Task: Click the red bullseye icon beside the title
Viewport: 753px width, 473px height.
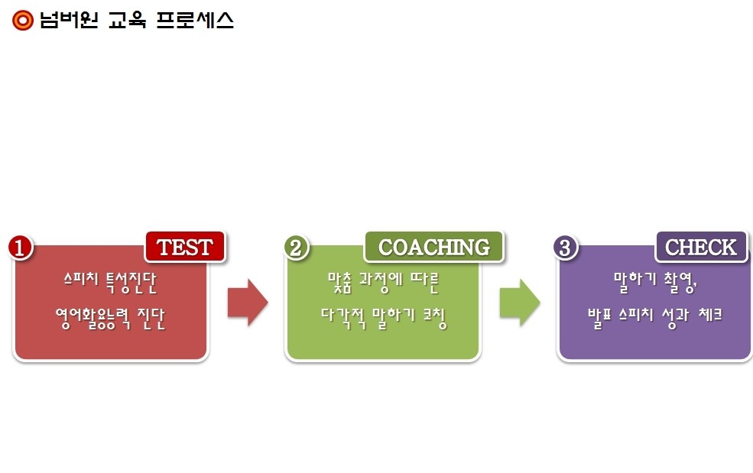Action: click(23, 20)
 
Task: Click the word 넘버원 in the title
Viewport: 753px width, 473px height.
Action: click(69, 20)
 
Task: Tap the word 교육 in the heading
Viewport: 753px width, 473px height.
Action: click(127, 20)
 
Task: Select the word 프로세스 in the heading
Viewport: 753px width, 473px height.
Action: click(195, 20)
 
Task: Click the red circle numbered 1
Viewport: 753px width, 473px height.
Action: click(20, 248)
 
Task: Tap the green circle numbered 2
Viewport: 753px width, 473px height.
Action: click(296, 248)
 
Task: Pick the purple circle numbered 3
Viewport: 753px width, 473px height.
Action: click(565, 248)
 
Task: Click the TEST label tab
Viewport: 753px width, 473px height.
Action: click(185, 247)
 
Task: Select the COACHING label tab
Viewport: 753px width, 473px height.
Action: click(434, 247)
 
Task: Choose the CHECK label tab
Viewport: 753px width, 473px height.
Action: click(701, 247)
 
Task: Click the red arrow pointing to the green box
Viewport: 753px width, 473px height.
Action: click(248, 303)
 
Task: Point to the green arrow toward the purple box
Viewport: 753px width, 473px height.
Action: click(520, 303)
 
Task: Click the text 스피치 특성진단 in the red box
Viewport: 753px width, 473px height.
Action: click(110, 282)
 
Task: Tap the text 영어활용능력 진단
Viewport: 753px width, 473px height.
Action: click(110, 319)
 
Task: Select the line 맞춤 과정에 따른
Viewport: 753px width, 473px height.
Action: click(383, 282)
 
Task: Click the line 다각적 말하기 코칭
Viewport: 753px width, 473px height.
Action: click(384, 319)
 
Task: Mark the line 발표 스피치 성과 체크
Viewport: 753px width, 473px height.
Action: click(655, 317)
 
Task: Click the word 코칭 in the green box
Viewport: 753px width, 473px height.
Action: click(435, 319)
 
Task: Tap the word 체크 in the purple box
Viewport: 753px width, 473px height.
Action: click(710, 315)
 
